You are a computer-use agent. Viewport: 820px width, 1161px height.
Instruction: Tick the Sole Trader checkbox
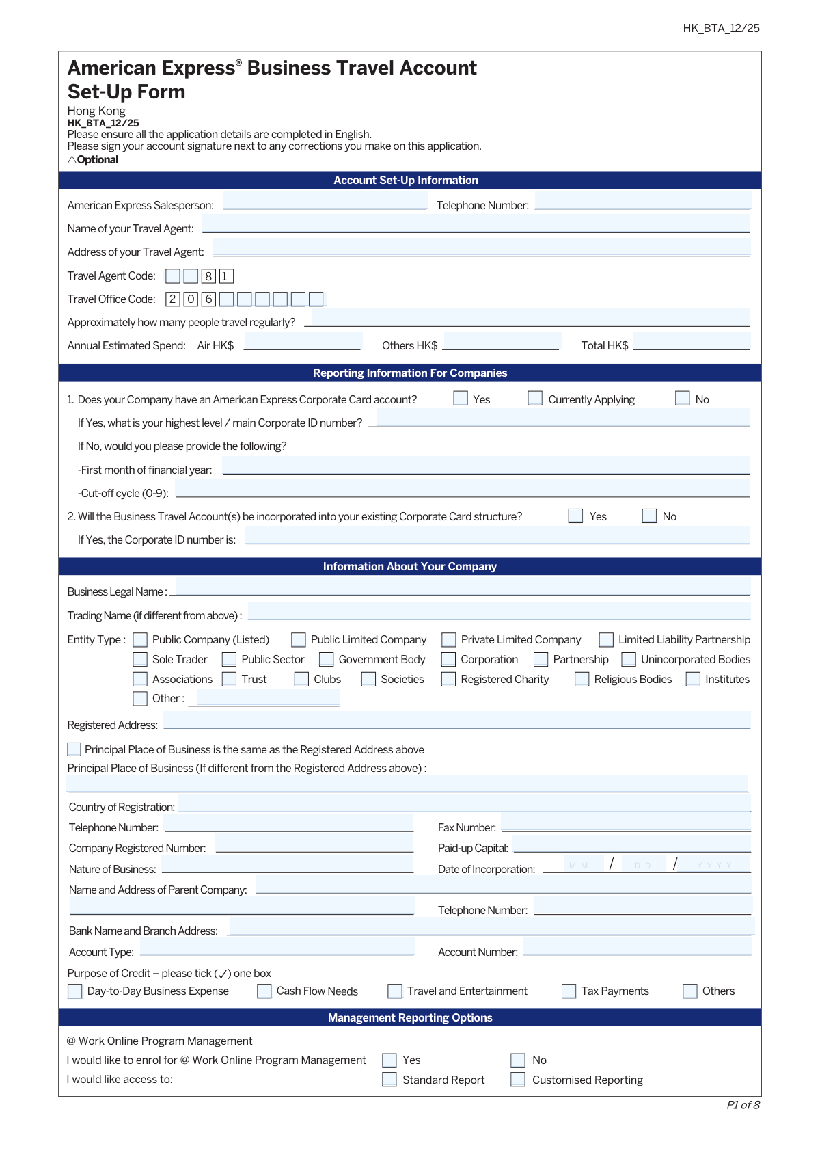(140, 659)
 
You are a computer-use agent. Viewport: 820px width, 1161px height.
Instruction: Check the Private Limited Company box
(449, 639)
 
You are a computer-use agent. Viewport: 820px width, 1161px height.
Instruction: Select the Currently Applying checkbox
(535, 399)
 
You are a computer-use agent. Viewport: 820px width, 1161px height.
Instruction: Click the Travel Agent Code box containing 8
(208, 276)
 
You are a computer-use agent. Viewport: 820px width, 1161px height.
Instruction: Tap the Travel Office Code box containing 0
(191, 299)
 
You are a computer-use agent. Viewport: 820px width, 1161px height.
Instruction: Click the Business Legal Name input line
(463, 587)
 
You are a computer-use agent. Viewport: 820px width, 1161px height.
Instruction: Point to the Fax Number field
(625, 823)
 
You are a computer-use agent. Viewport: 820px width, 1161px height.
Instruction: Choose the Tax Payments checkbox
(569, 991)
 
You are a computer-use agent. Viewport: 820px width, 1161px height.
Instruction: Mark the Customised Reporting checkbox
(519, 1080)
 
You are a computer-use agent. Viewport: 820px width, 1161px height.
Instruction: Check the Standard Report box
(389, 1080)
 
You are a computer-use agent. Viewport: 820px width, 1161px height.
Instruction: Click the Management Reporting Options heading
(410, 1017)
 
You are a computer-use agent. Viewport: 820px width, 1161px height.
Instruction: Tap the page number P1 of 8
(743, 1105)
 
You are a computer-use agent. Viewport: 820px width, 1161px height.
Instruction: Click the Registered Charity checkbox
(449, 679)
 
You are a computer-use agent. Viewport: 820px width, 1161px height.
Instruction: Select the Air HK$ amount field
(302, 342)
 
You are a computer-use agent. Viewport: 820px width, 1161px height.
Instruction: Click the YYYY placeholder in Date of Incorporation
(714, 866)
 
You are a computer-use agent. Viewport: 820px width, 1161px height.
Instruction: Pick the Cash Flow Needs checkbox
(264, 991)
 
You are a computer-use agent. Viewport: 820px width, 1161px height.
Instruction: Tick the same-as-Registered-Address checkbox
(74, 749)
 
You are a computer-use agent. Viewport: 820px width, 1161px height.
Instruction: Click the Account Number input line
(636, 948)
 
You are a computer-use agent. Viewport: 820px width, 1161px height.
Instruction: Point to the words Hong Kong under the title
(96, 111)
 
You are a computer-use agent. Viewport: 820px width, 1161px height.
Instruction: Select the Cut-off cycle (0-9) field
(463, 489)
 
